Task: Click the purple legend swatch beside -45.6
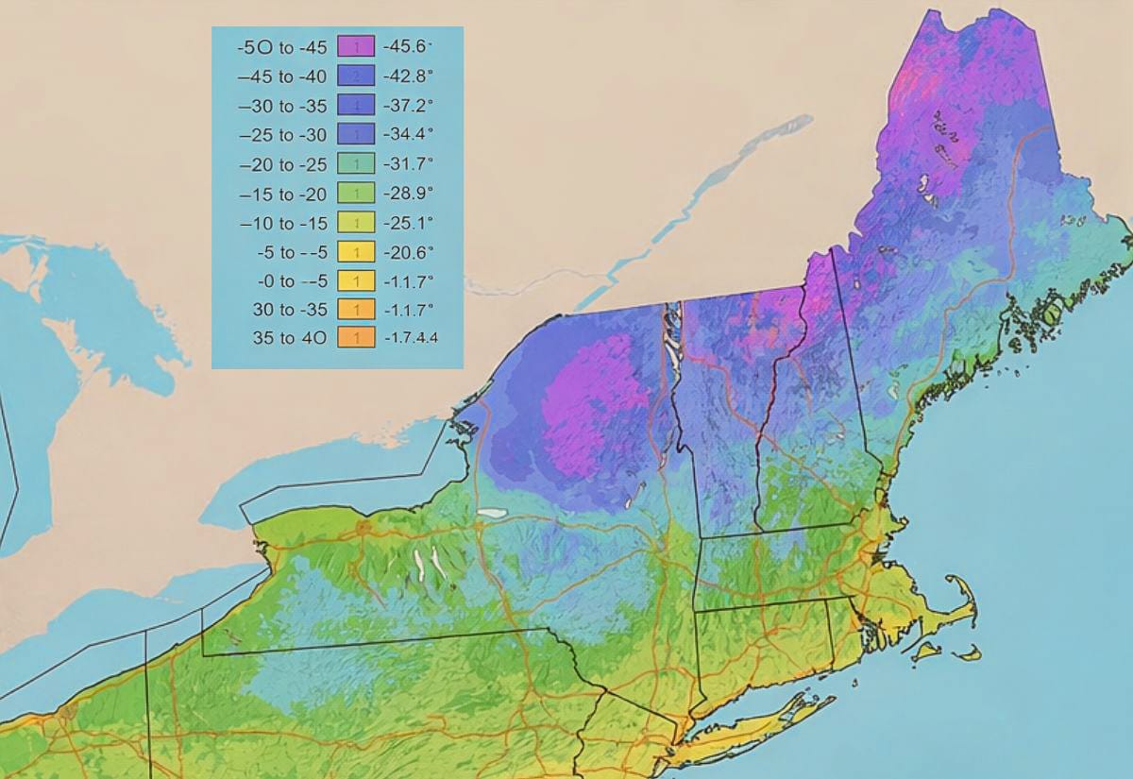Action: (356, 46)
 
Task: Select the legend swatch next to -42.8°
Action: (356, 76)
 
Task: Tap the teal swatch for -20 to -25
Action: (356, 164)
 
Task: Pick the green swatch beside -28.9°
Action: (356, 194)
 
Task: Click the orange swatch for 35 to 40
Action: (356, 337)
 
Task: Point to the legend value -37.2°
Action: (408, 105)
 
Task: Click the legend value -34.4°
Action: (408, 135)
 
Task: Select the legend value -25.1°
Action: (408, 224)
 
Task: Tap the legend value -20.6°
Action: (408, 252)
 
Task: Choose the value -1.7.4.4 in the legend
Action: (411, 337)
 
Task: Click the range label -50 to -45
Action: (282, 46)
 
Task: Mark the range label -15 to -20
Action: (282, 194)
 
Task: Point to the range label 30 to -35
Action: (290, 309)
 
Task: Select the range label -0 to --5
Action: (290, 280)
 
